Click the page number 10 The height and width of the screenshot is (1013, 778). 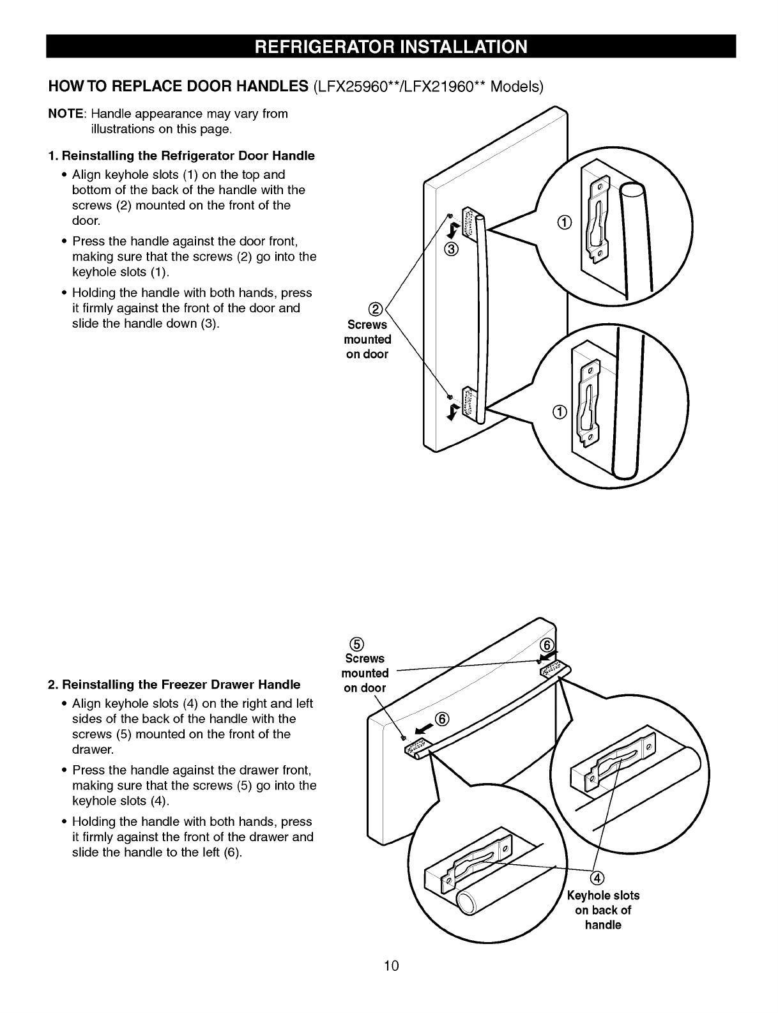[392, 965]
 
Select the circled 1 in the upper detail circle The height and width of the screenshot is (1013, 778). [563, 223]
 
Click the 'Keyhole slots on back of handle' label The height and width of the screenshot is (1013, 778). [603, 910]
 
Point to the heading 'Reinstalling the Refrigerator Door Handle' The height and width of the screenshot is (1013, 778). [182, 156]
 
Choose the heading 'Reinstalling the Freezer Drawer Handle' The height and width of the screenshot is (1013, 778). [174, 685]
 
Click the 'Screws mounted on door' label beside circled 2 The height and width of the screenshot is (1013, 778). [367, 340]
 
